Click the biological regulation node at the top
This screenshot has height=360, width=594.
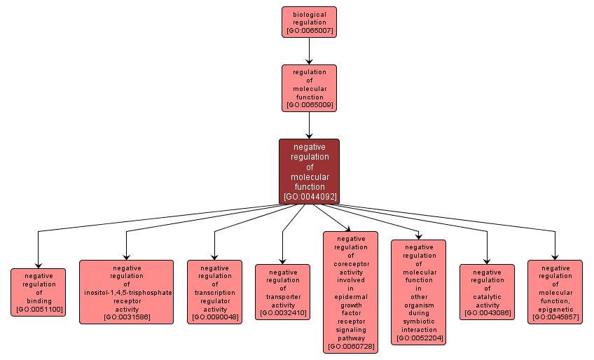point(309,22)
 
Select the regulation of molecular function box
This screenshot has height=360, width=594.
point(309,88)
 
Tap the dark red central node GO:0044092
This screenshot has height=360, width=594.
point(309,172)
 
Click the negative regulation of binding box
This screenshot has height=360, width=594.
point(39,292)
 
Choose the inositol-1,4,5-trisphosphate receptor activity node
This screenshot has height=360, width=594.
point(126,292)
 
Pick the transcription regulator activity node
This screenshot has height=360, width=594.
point(214,292)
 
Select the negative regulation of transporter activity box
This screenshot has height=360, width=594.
point(282,292)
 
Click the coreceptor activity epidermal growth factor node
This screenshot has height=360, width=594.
point(350,292)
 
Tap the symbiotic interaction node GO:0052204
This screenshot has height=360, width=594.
point(418,292)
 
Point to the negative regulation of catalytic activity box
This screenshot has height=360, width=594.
point(487,292)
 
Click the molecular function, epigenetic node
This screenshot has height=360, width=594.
point(555,292)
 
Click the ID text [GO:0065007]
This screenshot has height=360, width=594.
point(309,32)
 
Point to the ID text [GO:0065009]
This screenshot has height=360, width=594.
point(309,105)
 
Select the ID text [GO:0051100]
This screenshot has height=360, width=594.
point(39,309)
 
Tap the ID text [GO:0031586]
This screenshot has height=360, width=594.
point(126,317)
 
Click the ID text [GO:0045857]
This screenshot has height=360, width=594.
point(555,317)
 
